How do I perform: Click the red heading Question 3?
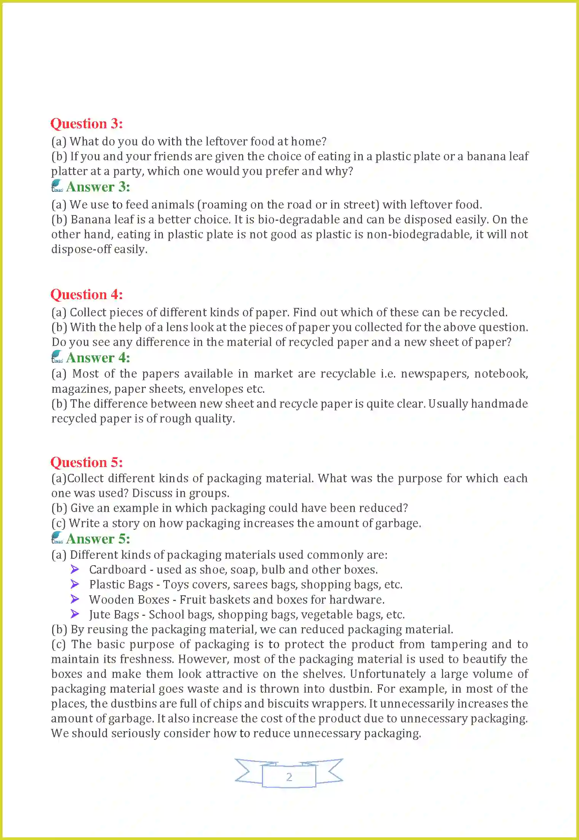tap(86, 124)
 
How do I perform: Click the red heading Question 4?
tap(86, 295)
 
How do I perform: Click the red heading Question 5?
tap(86, 462)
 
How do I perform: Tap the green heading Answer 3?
tap(98, 187)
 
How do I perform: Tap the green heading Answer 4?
tap(98, 358)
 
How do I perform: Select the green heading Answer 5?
tap(98, 539)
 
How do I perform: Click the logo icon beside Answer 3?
tap(57, 186)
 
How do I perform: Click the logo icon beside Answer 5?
tap(57, 538)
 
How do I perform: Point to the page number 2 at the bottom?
tap(289, 777)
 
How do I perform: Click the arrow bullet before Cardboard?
tap(75, 569)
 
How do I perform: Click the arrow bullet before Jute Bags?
tap(75, 614)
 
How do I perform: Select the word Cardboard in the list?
tap(118, 570)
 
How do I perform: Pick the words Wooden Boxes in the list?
tap(129, 600)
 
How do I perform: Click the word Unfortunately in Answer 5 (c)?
tap(387, 674)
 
